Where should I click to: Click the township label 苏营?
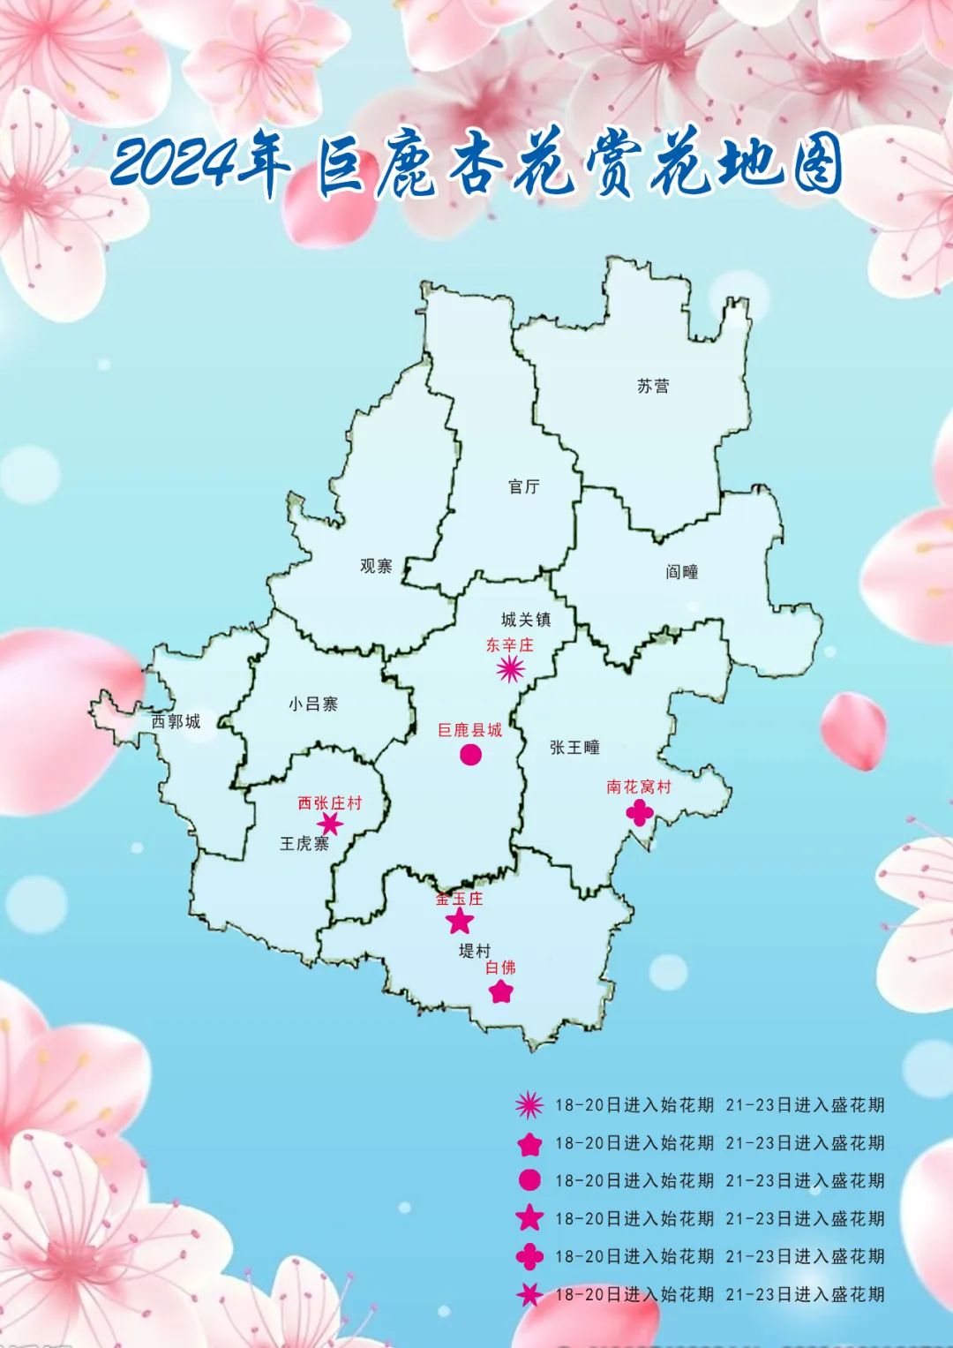[653, 386]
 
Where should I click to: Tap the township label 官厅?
[524, 486]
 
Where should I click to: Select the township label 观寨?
[376, 566]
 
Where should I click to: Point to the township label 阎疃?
[682, 572]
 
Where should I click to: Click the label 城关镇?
[526, 620]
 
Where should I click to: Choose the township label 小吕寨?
[313, 704]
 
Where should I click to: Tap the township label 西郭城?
[176, 721]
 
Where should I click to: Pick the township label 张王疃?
[574, 747]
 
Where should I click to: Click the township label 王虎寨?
[304, 844]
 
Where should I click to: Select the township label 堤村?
[475, 951]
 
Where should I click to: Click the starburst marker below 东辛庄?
[510, 670]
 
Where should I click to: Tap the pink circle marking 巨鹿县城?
[470, 755]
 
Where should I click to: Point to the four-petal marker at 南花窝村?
[640, 812]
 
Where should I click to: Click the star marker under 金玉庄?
[460, 922]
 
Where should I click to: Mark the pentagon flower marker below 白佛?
[501, 991]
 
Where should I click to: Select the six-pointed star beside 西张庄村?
[330, 825]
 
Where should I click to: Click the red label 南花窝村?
[639, 787]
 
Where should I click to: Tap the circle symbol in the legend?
[529, 1180]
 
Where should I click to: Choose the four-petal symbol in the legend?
[529, 1256]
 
